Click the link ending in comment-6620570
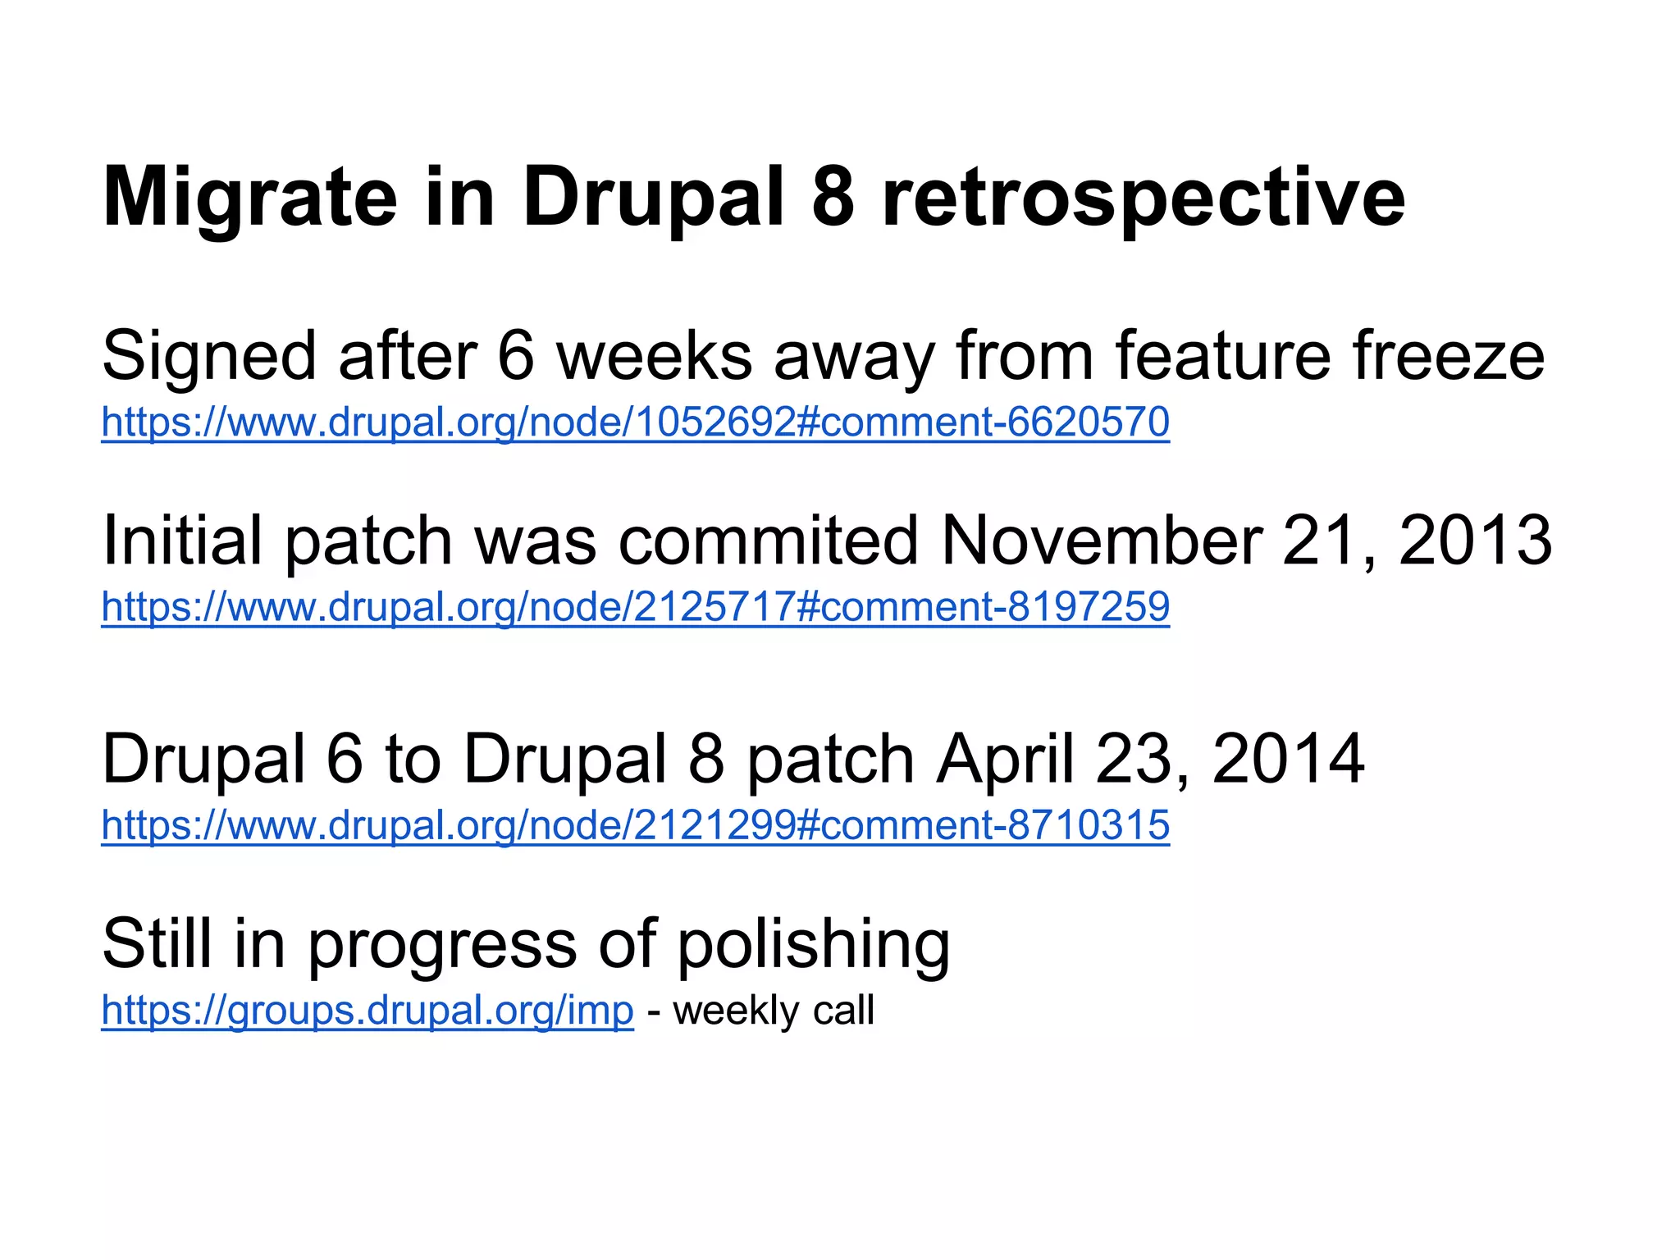click(635, 422)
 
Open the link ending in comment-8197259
click(635, 606)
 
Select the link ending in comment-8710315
click(635, 824)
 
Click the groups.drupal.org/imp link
click(367, 1010)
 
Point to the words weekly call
click(773, 1010)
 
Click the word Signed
click(208, 356)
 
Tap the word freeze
click(1448, 356)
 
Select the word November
click(1101, 541)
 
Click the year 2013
click(1474, 541)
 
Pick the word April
click(1005, 759)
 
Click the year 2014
click(1287, 759)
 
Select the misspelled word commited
click(768, 541)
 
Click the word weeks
click(654, 356)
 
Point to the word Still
click(157, 943)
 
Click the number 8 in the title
click(833, 197)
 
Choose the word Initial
click(181, 541)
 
